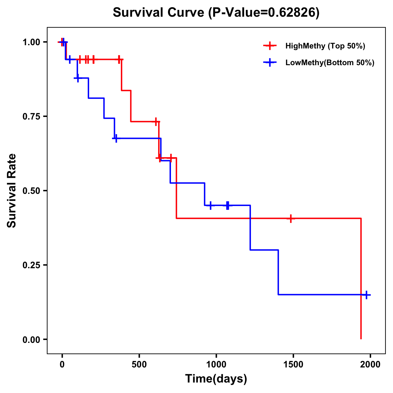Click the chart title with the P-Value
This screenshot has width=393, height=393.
click(216, 13)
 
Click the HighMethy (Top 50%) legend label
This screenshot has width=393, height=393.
click(325, 46)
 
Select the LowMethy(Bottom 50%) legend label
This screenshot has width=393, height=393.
click(330, 63)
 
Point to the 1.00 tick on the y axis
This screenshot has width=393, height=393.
click(31, 42)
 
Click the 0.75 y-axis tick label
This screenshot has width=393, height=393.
click(31, 117)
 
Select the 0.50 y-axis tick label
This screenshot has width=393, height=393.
click(31, 191)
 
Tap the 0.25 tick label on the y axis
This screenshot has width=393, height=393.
click(31, 265)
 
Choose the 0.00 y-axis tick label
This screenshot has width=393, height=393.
click(31, 340)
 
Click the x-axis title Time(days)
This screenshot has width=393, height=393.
click(216, 379)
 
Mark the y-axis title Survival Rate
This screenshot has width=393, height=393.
click(12, 191)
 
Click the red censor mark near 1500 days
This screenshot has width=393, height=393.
click(290, 218)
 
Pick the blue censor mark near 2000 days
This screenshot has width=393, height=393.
click(366, 295)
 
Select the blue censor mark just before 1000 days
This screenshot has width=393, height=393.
click(210, 205)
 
